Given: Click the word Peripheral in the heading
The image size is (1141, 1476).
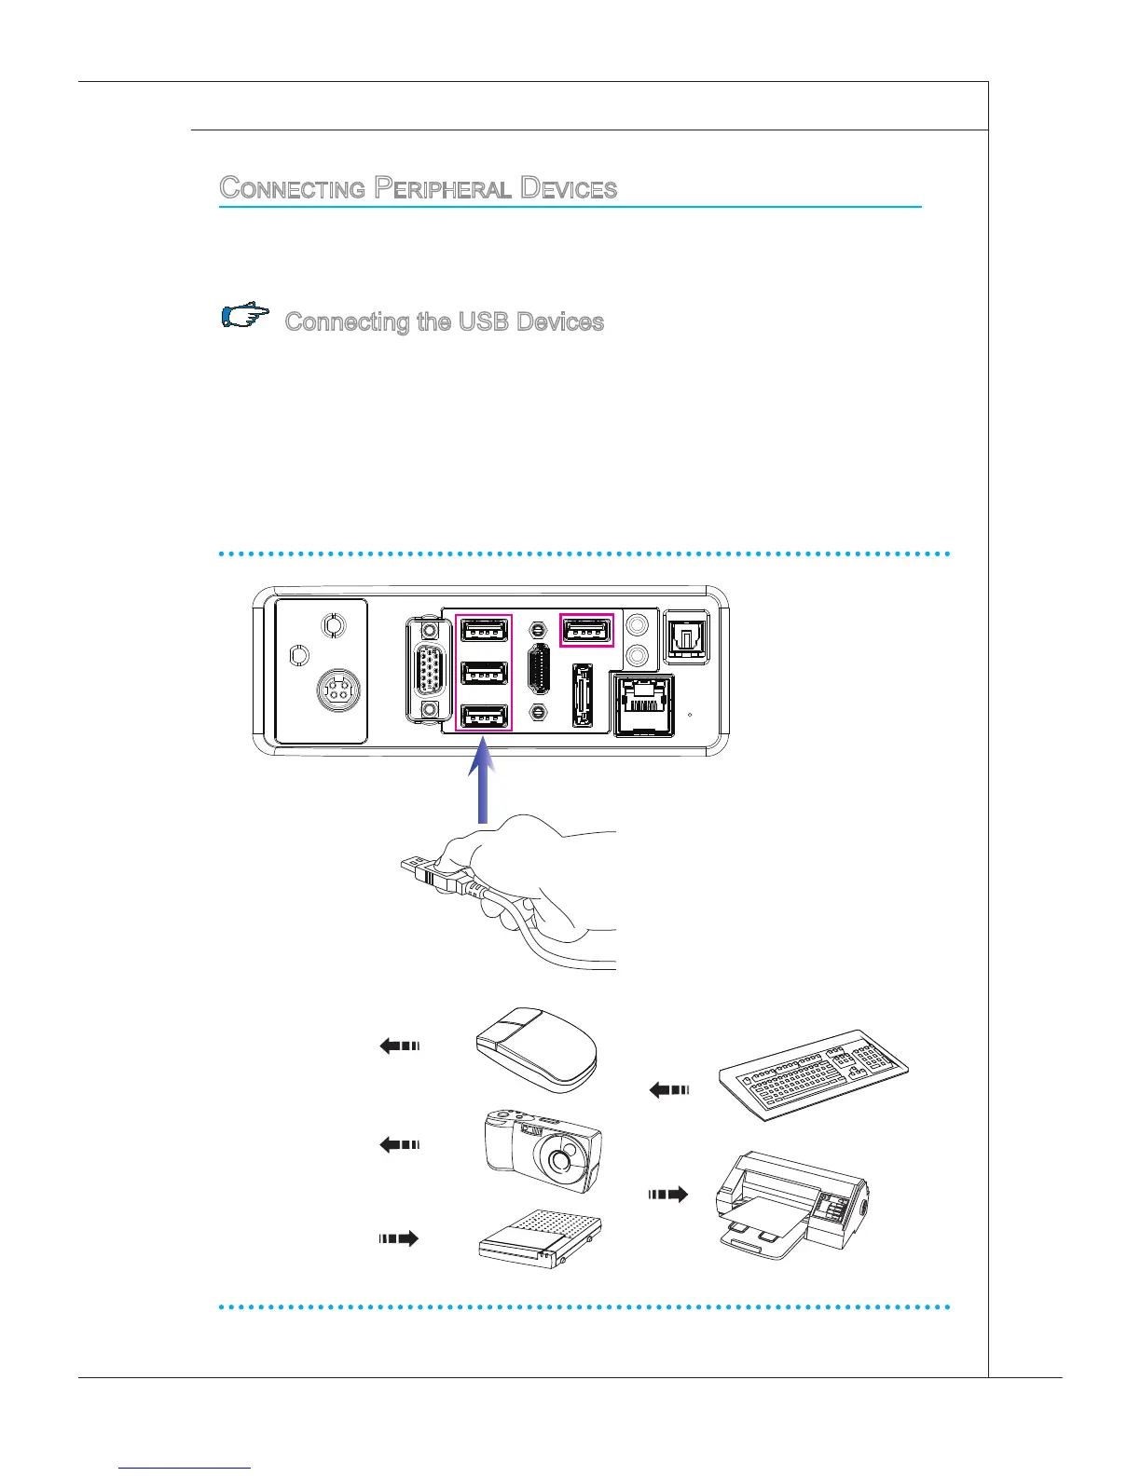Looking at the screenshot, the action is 442,188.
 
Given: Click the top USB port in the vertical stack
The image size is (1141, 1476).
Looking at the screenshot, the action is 484,632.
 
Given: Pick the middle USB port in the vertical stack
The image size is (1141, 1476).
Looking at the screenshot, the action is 484,674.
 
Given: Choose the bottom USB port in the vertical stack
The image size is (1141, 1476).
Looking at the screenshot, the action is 484,717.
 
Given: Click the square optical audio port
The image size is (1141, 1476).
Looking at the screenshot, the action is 686,636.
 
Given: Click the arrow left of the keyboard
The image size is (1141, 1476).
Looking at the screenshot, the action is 668,1088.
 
